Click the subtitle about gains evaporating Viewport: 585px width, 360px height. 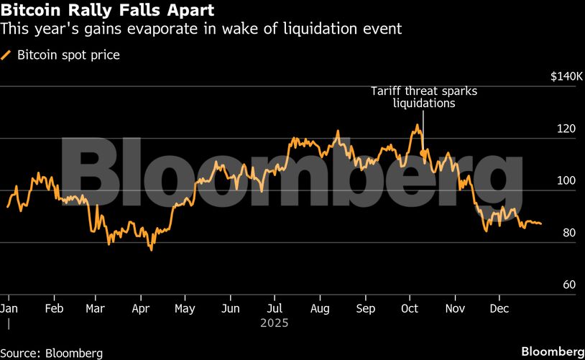201,29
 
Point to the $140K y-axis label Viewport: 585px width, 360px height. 563,77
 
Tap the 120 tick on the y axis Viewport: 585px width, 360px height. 568,129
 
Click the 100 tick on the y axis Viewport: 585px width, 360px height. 568,181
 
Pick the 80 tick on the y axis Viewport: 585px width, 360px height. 568,233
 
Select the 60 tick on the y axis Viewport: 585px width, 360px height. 568,285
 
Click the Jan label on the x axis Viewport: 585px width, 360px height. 10,308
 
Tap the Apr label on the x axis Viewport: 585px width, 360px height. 141,308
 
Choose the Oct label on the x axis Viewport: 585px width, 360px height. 410,308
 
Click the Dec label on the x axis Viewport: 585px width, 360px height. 499,308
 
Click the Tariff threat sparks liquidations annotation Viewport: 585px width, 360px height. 423,97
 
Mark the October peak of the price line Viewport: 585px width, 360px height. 416,125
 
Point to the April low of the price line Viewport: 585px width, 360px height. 151,249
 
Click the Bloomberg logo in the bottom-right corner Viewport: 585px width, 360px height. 552,351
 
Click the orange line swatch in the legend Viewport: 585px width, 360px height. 6,55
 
